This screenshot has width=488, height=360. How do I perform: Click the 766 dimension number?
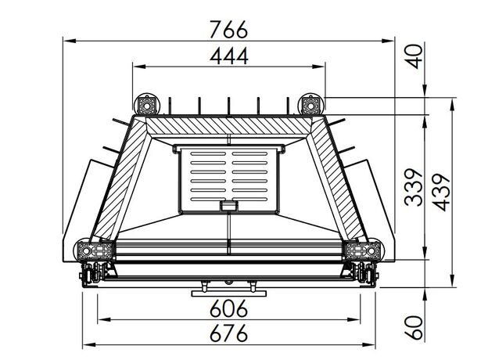click(229, 29)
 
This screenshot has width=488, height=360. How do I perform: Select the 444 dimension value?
click(229, 56)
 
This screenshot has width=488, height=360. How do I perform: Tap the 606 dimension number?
click(228, 308)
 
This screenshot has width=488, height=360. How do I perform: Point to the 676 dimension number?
click(228, 333)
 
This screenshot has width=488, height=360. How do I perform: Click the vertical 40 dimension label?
click(415, 56)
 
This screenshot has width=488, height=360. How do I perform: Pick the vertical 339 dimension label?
click(414, 188)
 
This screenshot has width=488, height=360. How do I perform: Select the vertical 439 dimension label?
click(441, 193)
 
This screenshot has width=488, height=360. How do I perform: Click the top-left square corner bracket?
click(146, 105)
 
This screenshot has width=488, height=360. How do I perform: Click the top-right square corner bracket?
click(310, 105)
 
